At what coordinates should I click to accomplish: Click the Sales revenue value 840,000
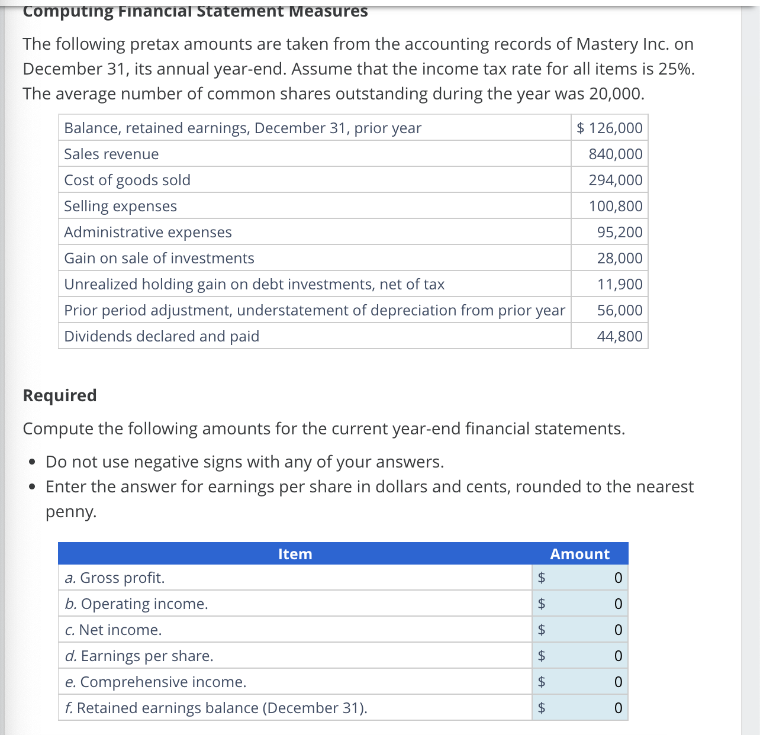[615, 154]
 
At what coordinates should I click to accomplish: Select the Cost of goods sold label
[127, 180]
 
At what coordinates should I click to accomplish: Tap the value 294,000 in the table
[615, 180]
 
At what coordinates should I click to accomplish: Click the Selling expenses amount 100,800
[615, 206]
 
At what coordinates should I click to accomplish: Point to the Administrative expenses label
[148, 232]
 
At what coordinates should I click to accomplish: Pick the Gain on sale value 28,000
[619, 258]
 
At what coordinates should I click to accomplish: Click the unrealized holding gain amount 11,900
[619, 284]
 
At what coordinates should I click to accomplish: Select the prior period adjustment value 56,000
[619, 310]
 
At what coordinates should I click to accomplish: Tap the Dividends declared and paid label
[162, 336]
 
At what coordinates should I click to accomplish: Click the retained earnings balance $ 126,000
[610, 128]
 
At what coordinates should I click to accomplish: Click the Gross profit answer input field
[588, 578]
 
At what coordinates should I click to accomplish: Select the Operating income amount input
[588, 604]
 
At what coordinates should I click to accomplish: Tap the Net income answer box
[588, 630]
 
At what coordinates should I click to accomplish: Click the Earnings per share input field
[588, 656]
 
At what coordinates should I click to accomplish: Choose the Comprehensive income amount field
[588, 682]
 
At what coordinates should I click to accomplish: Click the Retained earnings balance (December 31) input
[588, 708]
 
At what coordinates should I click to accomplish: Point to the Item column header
[295, 554]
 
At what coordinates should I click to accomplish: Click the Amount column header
[579, 554]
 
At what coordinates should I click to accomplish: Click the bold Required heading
[60, 395]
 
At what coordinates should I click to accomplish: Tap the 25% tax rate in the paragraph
[675, 69]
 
